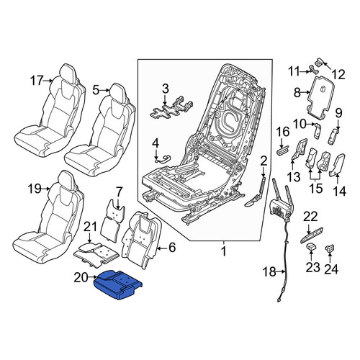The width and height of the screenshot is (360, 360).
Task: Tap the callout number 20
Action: (81, 278)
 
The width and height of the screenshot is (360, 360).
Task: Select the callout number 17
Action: (37, 81)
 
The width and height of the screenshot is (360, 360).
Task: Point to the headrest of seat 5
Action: (117, 92)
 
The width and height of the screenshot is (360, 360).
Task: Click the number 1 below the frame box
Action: (224, 251)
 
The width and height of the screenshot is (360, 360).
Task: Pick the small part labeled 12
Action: (318, 62)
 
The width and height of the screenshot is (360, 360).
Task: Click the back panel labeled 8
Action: (321, 96)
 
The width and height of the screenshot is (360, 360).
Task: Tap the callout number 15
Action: (316, 188)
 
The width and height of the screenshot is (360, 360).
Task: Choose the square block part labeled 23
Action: (311, 246)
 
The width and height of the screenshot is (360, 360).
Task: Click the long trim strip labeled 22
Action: (311, 235)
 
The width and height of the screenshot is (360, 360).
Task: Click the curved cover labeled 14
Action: (337, 165)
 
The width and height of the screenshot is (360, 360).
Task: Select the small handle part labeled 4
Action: (162, 159)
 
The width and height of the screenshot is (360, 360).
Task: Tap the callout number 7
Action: (120, 192)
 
